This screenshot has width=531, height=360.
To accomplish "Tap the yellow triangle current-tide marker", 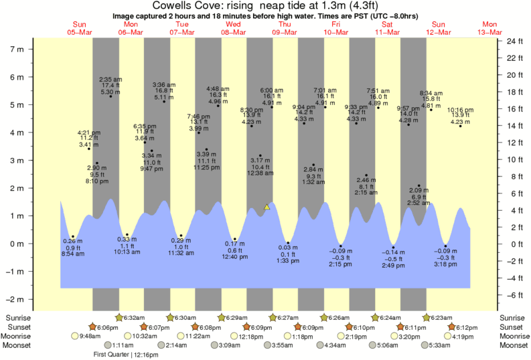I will click(267, 207).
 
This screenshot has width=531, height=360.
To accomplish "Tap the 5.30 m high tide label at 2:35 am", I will click(110, 85).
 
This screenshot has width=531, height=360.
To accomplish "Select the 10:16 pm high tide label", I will click(459, 116).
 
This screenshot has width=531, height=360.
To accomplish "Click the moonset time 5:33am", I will click(440, 345).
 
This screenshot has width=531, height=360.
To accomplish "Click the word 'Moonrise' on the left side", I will click(21, 336).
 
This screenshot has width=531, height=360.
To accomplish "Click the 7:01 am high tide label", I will click(325, 97).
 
